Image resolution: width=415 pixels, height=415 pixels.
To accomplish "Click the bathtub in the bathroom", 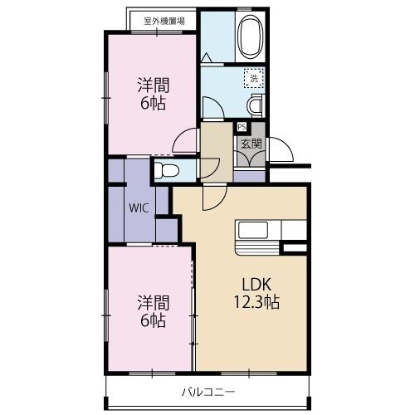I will point(250,37).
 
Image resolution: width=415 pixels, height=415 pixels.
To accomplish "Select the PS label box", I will point(242,127).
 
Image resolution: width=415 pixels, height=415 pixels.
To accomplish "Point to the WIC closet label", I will point(139,208).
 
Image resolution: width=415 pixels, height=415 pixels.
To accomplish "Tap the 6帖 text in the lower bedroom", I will point(150,320).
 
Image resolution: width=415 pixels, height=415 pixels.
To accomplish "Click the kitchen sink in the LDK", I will point(251,230).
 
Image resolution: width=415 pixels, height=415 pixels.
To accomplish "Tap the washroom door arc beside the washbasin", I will point(212,108).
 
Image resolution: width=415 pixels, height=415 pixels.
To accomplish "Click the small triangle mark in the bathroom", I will point(208,56).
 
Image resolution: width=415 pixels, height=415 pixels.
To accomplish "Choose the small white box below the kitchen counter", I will point(294,247).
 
